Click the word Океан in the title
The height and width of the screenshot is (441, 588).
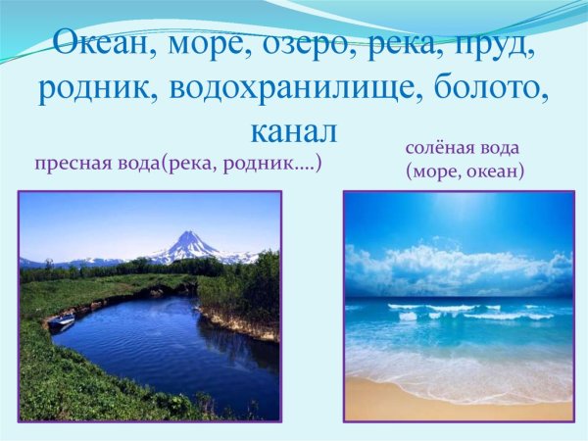pos(99,43)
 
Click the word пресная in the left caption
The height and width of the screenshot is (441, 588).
pos(70,164)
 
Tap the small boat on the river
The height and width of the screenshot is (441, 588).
pos(61,320)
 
